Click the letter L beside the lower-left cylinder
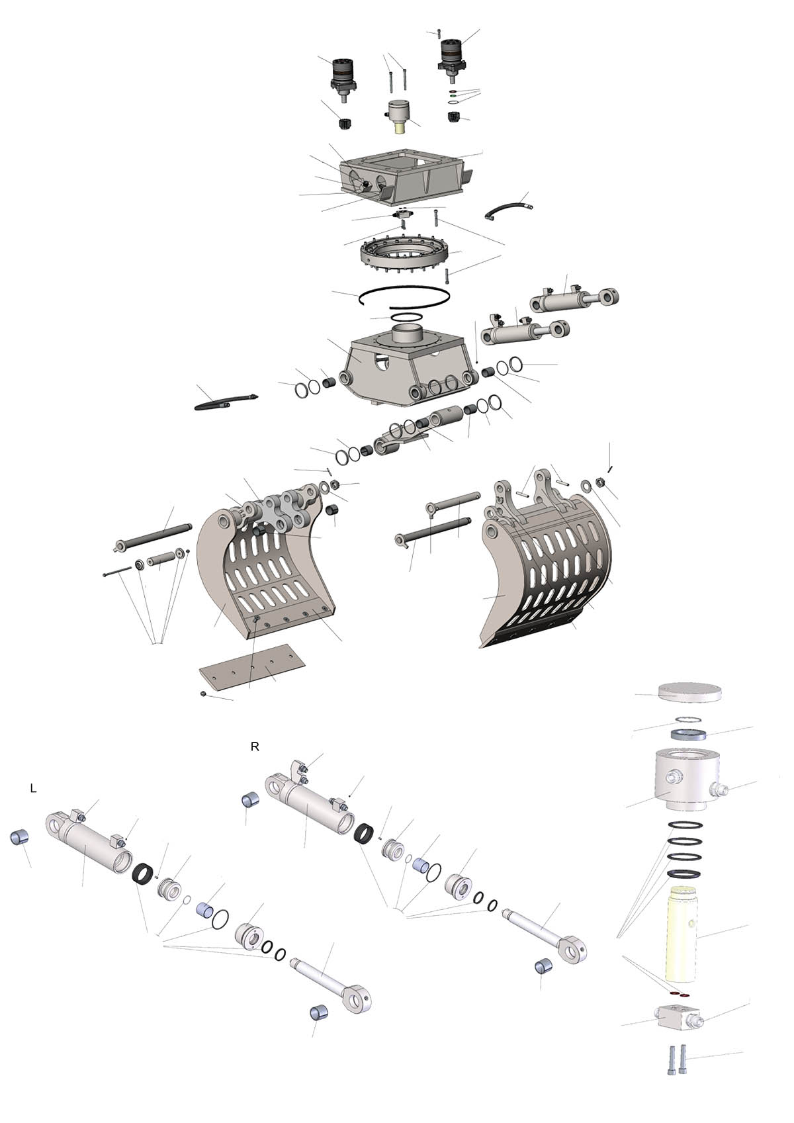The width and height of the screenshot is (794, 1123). pos(34,789)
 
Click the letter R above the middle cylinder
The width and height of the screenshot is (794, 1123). pos(255,746)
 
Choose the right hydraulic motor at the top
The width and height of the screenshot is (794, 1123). pos(453,61)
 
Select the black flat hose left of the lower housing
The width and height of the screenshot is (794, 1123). pos(226,400)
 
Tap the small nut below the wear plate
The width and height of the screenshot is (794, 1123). pos(203,694)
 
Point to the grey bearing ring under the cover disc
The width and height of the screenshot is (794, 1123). pos(688,735)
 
